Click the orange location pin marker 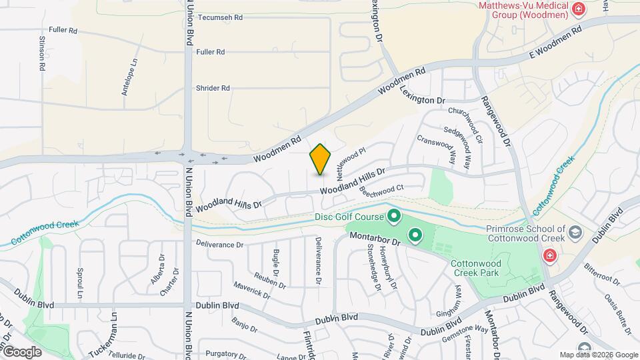coord(321,159)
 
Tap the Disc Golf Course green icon coord(393,216)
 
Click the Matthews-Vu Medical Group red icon coord(578,9)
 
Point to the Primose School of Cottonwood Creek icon coord(577,232)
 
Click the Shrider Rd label coord(213,87)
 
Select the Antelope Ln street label coord(129,77)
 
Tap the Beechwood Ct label coord(382,190)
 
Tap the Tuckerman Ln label coord(114,334)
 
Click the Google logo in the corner coord(22,351)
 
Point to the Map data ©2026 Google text coord(599,355)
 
